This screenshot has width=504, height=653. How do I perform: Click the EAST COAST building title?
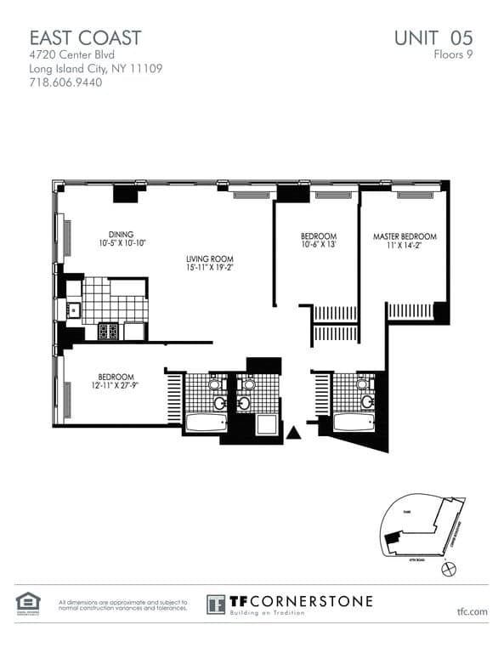pos(85,37)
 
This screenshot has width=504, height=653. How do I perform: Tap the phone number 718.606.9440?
pos(66,84)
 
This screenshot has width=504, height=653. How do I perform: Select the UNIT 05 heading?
pos(433,37)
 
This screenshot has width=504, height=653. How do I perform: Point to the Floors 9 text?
pos(452,54)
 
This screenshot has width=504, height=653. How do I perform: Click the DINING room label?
pos(121,235)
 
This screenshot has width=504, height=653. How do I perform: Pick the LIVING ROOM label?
pos(210,258)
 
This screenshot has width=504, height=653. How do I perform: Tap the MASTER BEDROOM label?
pos(405,236)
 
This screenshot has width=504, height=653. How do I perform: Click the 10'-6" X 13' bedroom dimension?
pos(319,245)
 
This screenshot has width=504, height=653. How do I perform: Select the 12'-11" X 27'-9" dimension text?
pos(115,386)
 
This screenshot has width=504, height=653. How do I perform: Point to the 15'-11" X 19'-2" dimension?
pos(210,268)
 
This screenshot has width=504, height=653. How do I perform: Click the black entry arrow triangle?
pos(293,433)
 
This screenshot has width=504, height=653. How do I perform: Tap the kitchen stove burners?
pos(108,331)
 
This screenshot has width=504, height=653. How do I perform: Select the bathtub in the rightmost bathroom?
pos(352,422)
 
